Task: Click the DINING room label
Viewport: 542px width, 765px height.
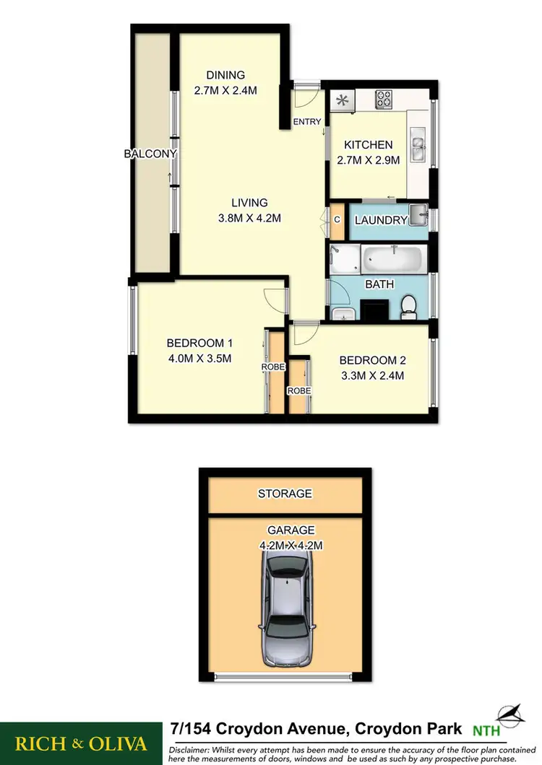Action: [x=225, y=75]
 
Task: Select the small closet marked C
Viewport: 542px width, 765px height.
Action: [x=337, y=219]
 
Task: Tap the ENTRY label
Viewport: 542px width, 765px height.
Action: [x=306, y=122]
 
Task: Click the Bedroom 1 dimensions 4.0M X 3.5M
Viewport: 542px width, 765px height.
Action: [x=199, y=359]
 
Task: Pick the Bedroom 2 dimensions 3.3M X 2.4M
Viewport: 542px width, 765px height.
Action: [x=371, y=375]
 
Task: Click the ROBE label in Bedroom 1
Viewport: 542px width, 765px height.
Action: [x=274, y=367]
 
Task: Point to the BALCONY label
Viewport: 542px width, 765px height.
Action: [x=150, y=154]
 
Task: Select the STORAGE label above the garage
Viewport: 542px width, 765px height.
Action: [x=285, y=494]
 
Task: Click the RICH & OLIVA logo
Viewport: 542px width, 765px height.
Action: [x=81, y=743]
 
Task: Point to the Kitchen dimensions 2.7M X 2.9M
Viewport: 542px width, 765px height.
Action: [x=368, y=161]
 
